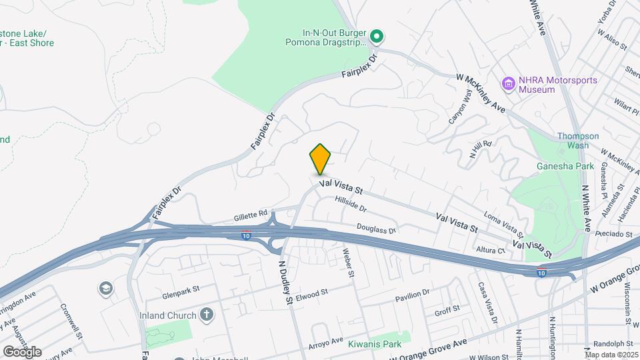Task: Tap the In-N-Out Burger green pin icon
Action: [x=376, y=35]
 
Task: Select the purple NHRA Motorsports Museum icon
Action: [x=510, y=83]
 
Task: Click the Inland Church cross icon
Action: [x=207, y=315]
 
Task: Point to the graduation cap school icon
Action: [x=105, y=288]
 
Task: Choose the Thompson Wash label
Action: [x=573, y=140]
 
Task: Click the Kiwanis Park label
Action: [x=374, y=345]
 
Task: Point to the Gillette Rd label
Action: [x=250, y=217]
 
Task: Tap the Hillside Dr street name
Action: [x=351, y=207]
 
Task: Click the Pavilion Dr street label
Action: [x=412, y=295]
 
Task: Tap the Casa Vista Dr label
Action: [x=487, y=303]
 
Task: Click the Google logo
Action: [x=22, y=351]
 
